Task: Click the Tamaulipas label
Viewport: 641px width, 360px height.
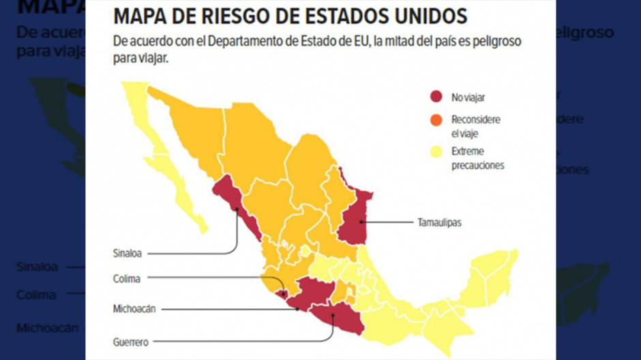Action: tap(438, 222)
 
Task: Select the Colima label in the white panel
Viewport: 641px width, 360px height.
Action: tap(127, 278)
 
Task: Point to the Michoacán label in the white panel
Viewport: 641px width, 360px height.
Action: tap(134, 309)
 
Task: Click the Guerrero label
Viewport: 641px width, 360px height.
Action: tap(131, 342)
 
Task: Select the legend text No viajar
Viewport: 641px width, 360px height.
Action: tap(468, 97)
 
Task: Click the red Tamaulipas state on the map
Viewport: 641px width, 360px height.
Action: tap(353, 218)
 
